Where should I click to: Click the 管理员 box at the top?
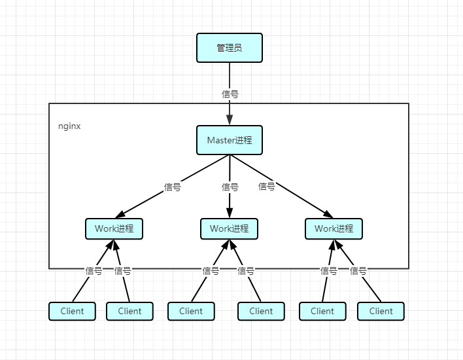(230, 48)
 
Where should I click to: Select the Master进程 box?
(230, 140)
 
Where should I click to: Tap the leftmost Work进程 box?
(114, 228)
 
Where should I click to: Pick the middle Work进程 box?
(229, 228)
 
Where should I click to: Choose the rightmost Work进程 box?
(334, 228)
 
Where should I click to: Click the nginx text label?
(69, 126)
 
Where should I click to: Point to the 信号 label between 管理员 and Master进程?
(230, 94)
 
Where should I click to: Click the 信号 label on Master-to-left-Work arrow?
(172, 187)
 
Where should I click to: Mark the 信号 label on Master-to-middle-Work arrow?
(230, 187)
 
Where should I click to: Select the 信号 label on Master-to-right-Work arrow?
(267, 186)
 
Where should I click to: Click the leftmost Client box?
(72, 311)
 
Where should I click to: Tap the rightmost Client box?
(381, 311)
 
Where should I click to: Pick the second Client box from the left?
(129, 311)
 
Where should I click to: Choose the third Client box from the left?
(191, 311)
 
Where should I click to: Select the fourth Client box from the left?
(261, 311)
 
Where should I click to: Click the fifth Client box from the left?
(322, 311)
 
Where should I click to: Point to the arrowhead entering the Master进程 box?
(230, 120)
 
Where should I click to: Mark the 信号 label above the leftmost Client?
(94, 270)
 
